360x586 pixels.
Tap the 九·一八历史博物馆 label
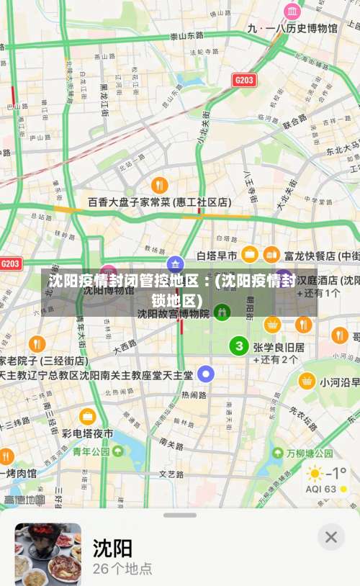click(292, 28)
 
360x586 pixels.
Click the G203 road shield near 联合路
click(244, 79)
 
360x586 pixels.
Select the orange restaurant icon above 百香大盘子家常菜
click(160, 185)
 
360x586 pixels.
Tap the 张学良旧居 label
click(279, 347)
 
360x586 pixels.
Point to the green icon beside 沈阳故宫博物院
click(223, 312)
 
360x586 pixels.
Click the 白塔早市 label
click(217, 256)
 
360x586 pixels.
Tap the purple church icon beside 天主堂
click(207, 374)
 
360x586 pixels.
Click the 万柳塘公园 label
click(310, 454)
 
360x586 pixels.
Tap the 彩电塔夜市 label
click(87, 433)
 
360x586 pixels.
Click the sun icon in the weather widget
click(315, 474)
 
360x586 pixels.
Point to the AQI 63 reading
click(321, 489)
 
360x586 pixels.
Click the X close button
click(330, 536)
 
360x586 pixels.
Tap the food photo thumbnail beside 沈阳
click(48, 554)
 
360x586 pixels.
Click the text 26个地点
click(122, 568)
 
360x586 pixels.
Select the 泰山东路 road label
click(186, 35)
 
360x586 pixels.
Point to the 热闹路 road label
click(194, 395)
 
